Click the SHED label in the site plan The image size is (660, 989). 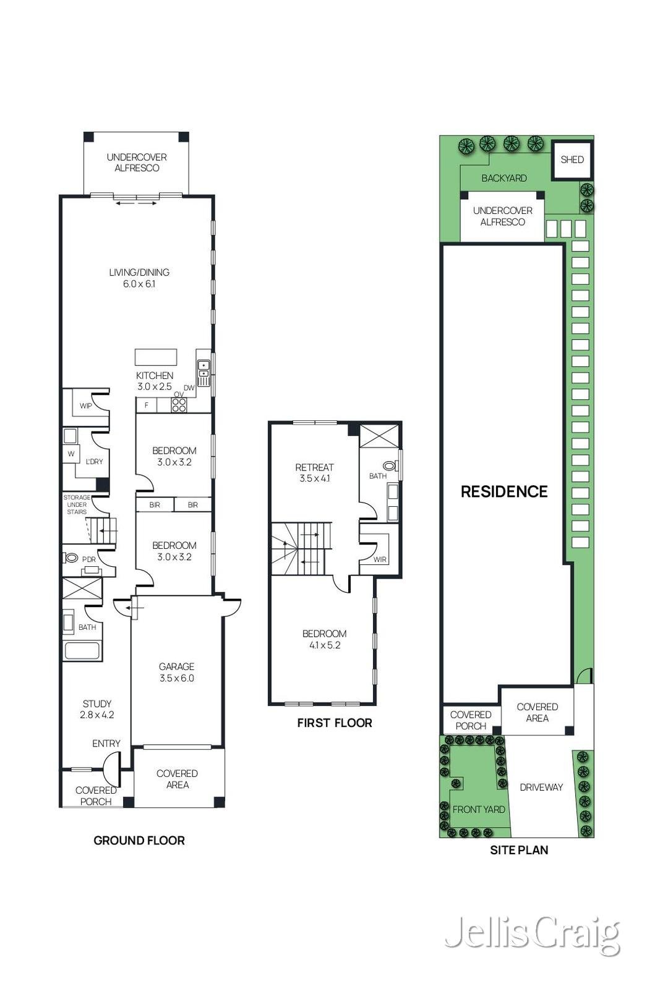[572, 159]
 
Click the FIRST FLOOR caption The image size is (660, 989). [335, 723]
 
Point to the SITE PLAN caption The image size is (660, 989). [519, 850]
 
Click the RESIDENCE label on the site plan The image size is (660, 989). [504, 491]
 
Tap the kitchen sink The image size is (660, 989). [204, 373]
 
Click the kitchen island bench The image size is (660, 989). [156, 357]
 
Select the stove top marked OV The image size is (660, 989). [179, 405]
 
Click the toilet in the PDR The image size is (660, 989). [72, 558]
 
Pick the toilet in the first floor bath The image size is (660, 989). [389, 465]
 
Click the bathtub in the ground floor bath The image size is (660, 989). [82, 652]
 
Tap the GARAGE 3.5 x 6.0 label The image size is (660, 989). [176, 673]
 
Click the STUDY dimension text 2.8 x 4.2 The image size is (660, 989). [96, 715]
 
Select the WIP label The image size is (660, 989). [86, 405]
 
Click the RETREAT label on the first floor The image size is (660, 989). [315, 467]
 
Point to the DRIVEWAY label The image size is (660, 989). [541, 787]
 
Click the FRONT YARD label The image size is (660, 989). [479, 809]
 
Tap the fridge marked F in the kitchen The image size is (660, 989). [146, 405]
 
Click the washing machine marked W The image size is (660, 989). [71, 454]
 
